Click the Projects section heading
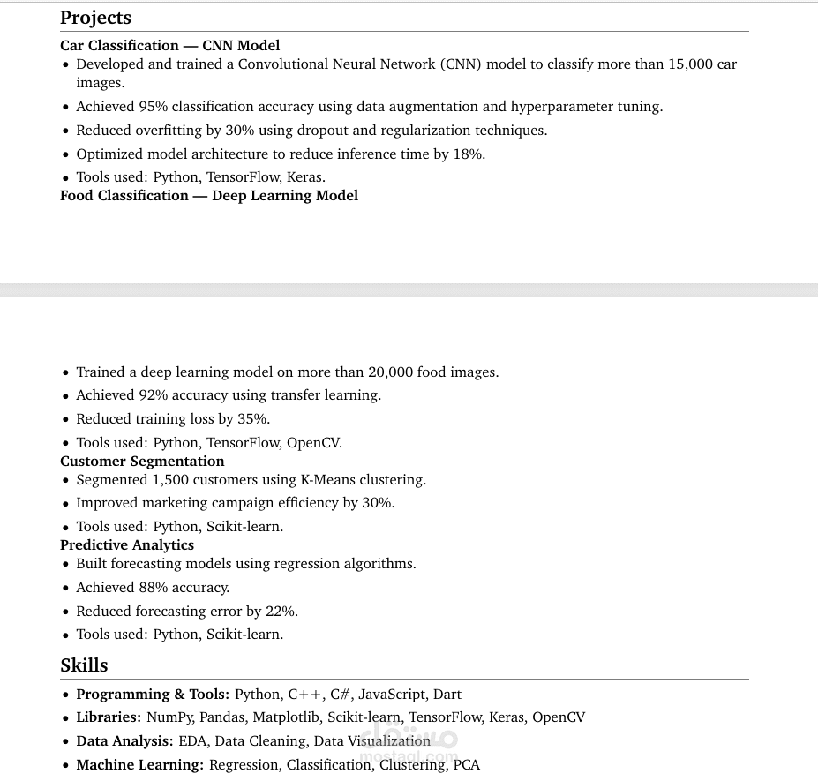coord(95,18)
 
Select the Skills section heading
coord(84,665)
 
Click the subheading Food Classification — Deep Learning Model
coord(209,196)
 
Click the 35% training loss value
coord(253,419)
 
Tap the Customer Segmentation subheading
coord(142,462)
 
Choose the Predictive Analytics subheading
coord(127,545)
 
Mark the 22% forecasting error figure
coord(281,612)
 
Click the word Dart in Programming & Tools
coord(447,695)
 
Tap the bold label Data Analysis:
coord(124,741)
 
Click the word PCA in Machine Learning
coord(467,765)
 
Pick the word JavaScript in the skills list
coord(392,695)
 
